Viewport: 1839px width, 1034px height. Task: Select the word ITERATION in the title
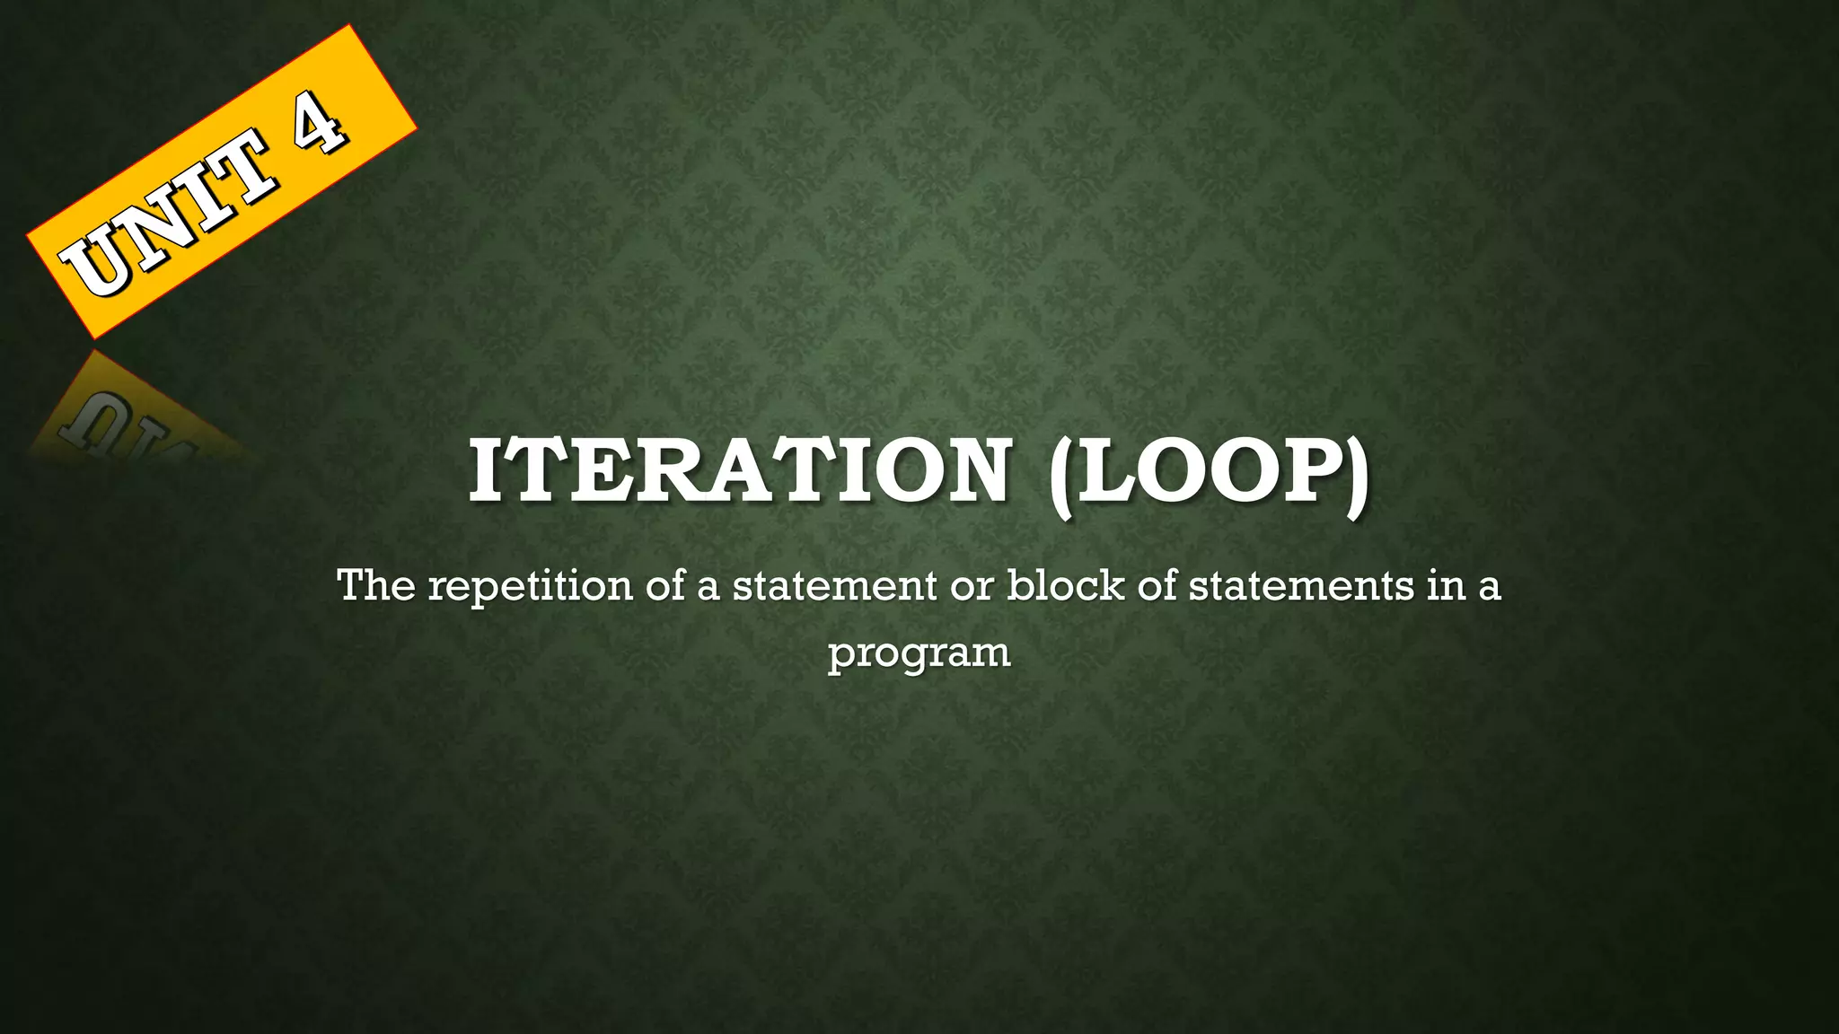click(x=740, y=472)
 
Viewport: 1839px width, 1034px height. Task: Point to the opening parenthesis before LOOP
click(x=1061, y=476)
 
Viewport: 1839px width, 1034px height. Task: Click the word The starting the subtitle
click(x=376, y=586)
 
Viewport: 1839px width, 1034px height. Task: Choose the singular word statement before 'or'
click(x=834, y=586)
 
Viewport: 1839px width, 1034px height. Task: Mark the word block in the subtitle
click(x=1065, y=586)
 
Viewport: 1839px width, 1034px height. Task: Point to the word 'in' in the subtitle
click(x=1443, y=586)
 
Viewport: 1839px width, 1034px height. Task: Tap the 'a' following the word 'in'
click(x=1489, y=588)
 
